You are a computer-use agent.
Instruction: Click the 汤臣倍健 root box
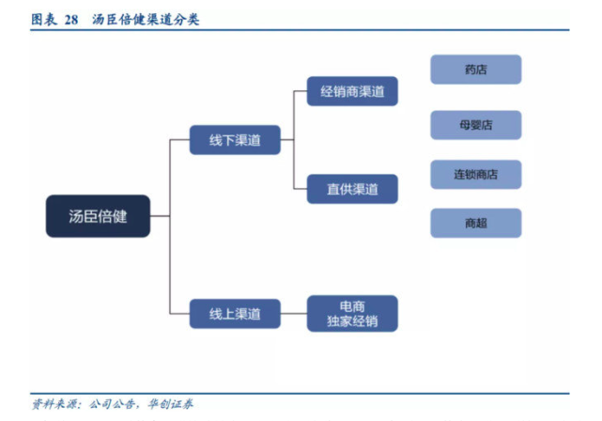point(98,216)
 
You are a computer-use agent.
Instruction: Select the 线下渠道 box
point(235,141)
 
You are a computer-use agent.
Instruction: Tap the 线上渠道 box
point(235,313)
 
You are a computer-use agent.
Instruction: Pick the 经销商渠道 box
point(352,91)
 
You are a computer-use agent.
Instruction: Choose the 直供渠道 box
point(352,189)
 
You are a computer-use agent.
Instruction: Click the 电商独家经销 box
point(352,313)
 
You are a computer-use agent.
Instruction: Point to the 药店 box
point(475,70)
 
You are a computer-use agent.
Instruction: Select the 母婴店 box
point(475,125)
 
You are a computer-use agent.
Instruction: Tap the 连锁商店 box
point(475,174)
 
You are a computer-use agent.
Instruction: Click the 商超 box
point(475,223)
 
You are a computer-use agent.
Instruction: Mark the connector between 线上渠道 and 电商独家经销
point(294,313)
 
